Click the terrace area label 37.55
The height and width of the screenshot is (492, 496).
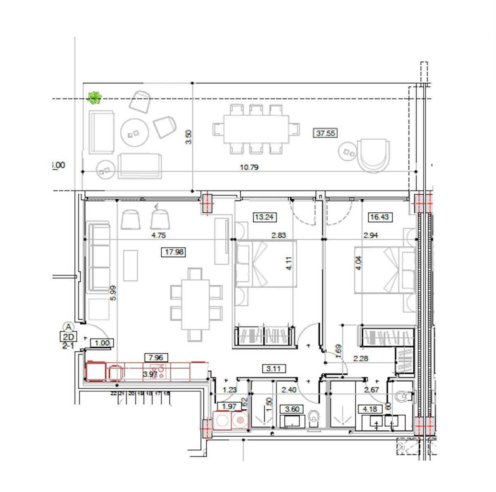click(x=326, y=133)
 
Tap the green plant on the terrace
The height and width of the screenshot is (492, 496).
click(x=95, y=97)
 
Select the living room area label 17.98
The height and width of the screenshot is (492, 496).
click(x=174, y=252)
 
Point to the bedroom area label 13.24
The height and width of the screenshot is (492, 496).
click(x=264, y=217)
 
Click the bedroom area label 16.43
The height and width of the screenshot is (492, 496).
click(x=379, y=217)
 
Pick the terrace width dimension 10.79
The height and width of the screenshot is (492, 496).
click(x=249, y=167)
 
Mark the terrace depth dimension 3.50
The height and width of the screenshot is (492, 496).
click(x=188, y=137)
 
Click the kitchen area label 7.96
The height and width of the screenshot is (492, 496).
click(x=156, y=358)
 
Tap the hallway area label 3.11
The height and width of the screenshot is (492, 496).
click(x=274, y=368)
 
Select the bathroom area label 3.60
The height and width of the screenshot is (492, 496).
click(x=292, y=409)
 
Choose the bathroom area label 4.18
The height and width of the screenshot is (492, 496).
click(x=370, y=409)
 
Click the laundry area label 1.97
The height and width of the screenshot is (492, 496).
click(x=229, y=406)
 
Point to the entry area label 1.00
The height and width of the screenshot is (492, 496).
click(x=102, y=343)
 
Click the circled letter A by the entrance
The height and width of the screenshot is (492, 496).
click(x=69, y=327)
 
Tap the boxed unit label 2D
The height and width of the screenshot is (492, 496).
click(x=68, y=337)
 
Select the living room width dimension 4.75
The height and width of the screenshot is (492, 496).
click(x=159, y=235)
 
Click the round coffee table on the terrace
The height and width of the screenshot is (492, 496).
click(x=134, y=133)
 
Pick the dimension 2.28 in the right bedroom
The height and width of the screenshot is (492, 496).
click(x=360, y=359)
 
